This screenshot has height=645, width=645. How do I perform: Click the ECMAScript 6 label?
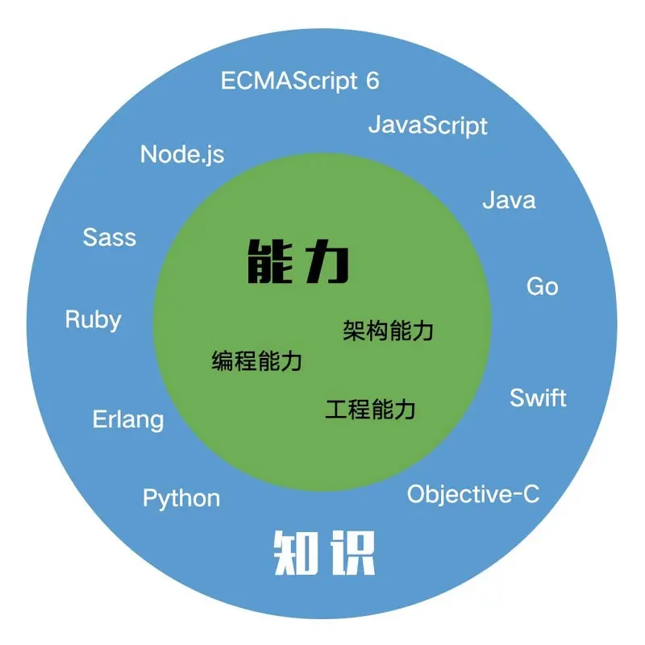[x=300, y=81]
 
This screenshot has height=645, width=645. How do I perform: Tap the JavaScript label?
[x=427, y=126]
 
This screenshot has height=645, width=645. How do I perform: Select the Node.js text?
[x=182, y=154]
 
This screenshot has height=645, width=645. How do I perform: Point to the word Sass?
[x=110, y=237]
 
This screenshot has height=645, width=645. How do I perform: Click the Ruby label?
[x=93, y=320]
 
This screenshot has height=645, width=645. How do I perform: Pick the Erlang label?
[x=127, y=419]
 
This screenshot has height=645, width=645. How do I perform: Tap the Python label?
[x=181, y=498]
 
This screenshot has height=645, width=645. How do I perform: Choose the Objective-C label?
[x=472, y=494]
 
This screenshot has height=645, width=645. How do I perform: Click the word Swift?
[x=538, y=397]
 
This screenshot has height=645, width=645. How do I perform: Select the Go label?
[x=542, y=286]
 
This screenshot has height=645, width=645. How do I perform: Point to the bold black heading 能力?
[x=298, y=261]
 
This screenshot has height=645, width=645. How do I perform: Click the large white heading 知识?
[x=325, y=553]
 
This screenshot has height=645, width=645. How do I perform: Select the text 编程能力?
[x=257, y=360]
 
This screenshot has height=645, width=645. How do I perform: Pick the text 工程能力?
[x=371, y=409]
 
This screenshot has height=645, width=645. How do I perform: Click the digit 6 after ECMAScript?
[x=372, y=81]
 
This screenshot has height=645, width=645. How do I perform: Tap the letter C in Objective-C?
[x=529, y=494]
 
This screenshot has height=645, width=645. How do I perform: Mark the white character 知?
[x=294, y=553]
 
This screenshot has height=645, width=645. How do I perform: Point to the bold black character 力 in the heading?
[x=327, y=261]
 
